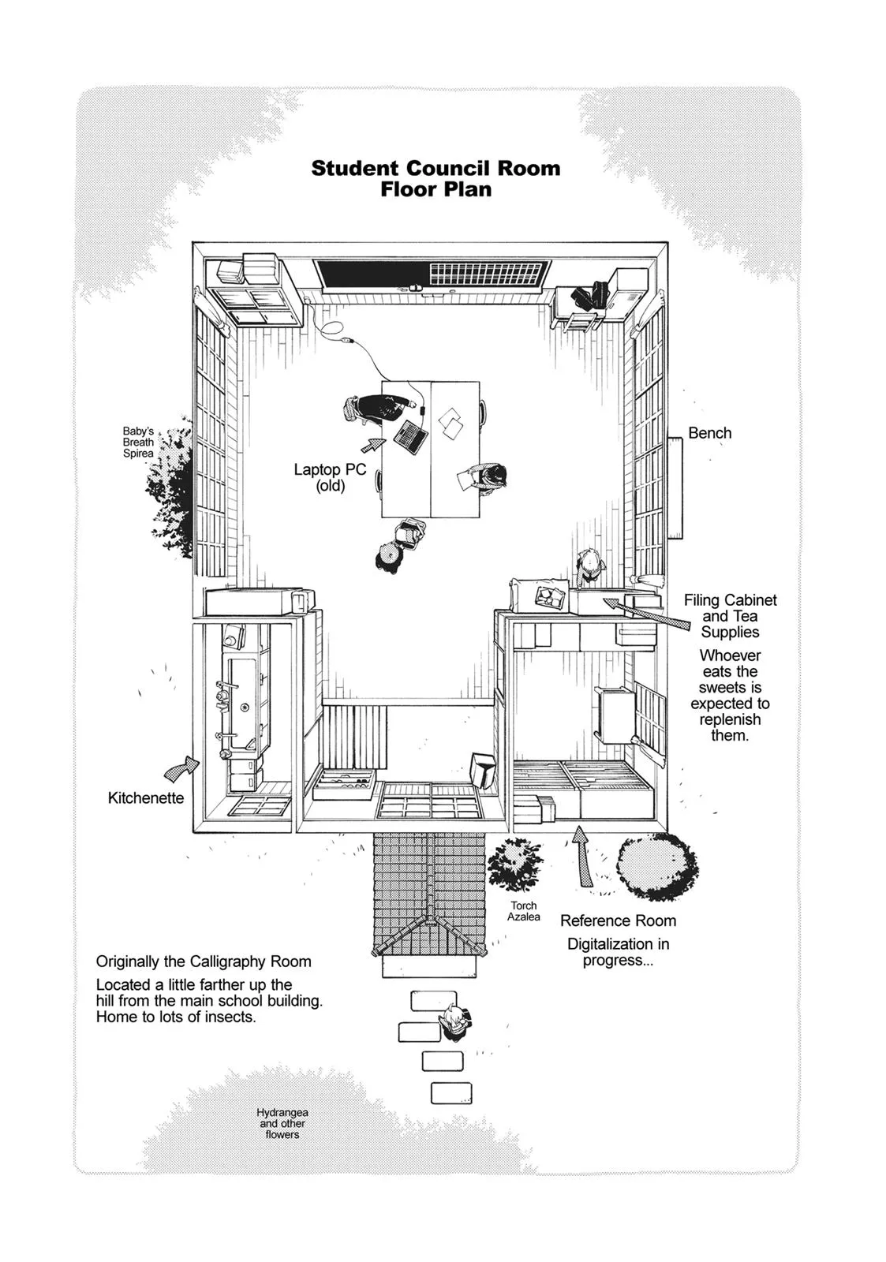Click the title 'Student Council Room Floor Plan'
tap(436, 178)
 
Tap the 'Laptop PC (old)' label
tap(330, 477)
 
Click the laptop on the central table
tap(411, 436)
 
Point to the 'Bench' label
tap(709, 433)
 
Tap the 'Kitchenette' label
tap(146, 798)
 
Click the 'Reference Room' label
tap(618, 920)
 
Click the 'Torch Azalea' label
tap(524, 911)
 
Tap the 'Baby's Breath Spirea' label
tap(138, 442)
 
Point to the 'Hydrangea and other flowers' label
tap(282, 1123)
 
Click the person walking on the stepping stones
tap(456, 1023)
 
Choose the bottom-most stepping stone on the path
tap(450, 1092)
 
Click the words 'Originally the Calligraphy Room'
tap(204, 961)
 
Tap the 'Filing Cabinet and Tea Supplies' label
tap(730, 616)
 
